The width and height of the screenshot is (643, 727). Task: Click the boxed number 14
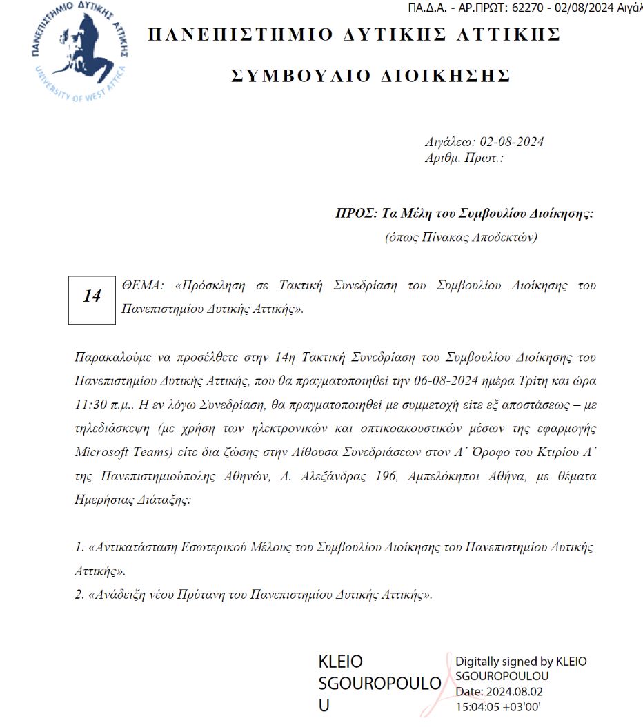pyautogui.click(x=92, y=296)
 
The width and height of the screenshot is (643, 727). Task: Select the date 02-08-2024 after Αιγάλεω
pyautogui.click(x=511, y=143)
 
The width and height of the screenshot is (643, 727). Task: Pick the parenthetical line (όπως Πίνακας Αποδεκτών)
pyautogui.click(x=460, y=238)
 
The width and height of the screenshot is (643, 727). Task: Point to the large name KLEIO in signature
pyautogui.click(x=340, y=662)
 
